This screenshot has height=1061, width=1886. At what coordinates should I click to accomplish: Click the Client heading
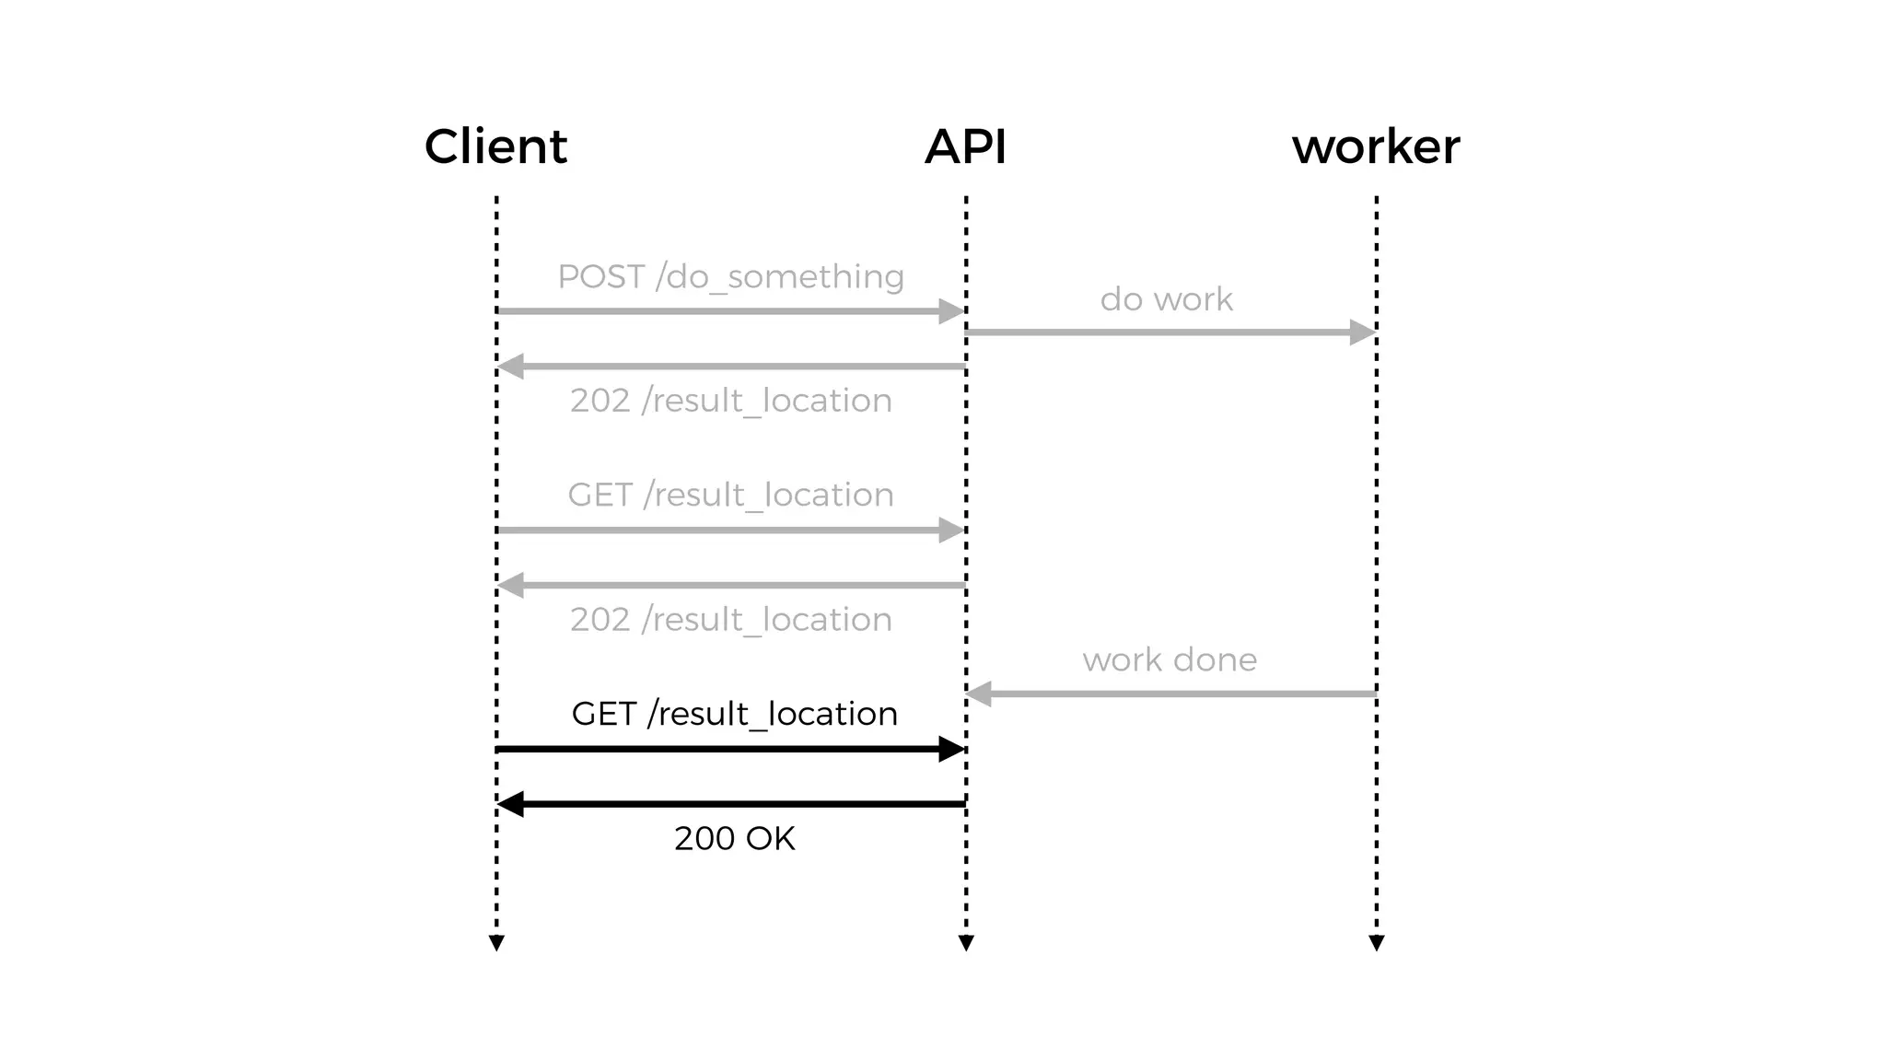click(495, 146)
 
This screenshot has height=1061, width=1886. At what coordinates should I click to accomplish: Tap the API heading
click(965, 146)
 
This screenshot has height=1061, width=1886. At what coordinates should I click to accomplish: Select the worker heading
click(1376, 146)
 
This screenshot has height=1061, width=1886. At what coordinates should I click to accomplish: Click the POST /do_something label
click(730, 277)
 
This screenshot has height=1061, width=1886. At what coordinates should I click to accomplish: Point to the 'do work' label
click(1166, 299)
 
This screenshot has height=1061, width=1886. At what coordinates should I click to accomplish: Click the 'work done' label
click(1170, 659)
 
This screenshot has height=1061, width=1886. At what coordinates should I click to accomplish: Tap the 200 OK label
click(734, 838)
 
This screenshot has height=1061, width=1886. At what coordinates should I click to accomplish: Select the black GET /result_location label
click(734, 714)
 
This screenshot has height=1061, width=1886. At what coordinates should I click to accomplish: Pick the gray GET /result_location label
click(730, 495)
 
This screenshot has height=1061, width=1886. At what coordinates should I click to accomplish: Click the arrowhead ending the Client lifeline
click(496, 942)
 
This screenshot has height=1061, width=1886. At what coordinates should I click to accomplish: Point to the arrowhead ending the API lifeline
click(966, 942)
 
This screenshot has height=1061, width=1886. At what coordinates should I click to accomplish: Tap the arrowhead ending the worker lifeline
click(1377, 942)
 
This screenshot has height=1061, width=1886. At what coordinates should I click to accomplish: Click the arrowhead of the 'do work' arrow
click(1362, 332)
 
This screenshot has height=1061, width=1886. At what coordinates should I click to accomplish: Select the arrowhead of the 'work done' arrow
click(979, 694)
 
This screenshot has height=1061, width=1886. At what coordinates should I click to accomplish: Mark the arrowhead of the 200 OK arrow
click(511, 804)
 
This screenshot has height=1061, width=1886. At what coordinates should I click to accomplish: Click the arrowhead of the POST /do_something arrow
click(951, 311)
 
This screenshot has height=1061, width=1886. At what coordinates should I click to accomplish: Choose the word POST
click(600, 277)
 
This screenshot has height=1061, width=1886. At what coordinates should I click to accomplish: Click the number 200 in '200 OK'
click(704, 838)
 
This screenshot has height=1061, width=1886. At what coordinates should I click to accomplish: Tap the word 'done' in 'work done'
click(1215, 659)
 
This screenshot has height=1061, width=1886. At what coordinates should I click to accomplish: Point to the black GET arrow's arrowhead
click(951, 749)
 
